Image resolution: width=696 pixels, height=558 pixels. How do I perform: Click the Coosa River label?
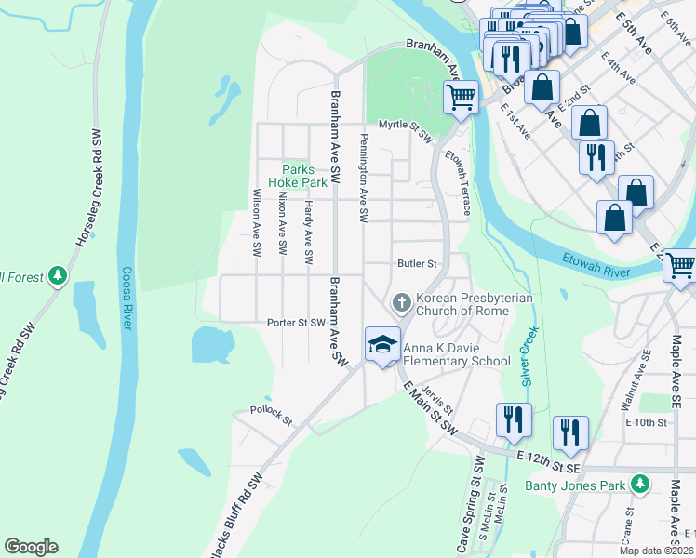pos(127,298)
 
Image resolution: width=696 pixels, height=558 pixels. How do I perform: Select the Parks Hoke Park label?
pos(304,177)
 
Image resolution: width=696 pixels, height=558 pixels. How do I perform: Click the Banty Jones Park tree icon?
pos(639,485)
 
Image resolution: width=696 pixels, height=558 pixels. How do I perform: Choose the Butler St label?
pos(417,264)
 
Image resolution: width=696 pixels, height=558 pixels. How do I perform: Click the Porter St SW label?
pos(296,323)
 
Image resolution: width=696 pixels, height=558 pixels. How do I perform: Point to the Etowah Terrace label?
pos(457,182)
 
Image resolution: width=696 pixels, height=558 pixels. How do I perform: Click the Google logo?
pos(31,547)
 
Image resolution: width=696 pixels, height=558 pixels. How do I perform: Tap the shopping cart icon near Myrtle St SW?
pos(461,96)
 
